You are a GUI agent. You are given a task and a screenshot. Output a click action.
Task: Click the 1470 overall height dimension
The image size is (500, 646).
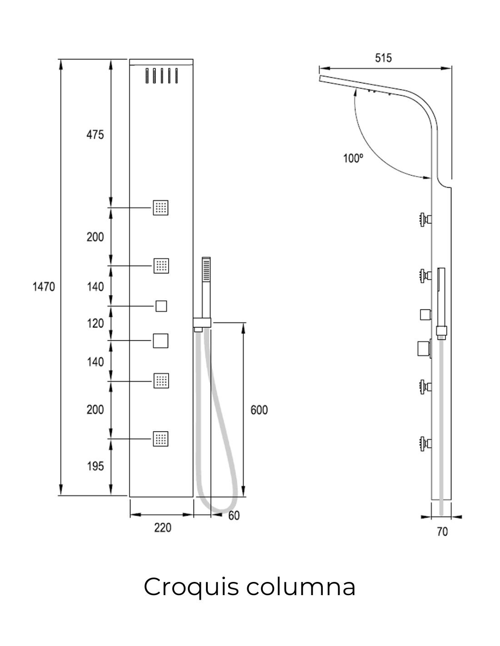click(x=44, y=287)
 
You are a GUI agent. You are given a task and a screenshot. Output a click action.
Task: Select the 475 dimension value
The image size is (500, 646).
click(x=95, y=135)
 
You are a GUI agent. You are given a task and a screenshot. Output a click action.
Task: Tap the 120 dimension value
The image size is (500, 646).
click(x=95, y=323)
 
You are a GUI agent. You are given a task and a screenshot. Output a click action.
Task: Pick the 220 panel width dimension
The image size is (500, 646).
click(x=163, y=528)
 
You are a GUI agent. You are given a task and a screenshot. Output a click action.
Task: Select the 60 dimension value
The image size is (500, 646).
click(x=234, y=516)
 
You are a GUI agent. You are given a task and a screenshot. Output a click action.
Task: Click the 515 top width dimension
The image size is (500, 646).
click(x=383, y=58)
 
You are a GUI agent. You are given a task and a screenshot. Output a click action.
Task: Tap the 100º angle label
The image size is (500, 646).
click(x=353, y=158)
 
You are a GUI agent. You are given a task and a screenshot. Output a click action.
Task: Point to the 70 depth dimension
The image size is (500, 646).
click(x=442, y=532)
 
